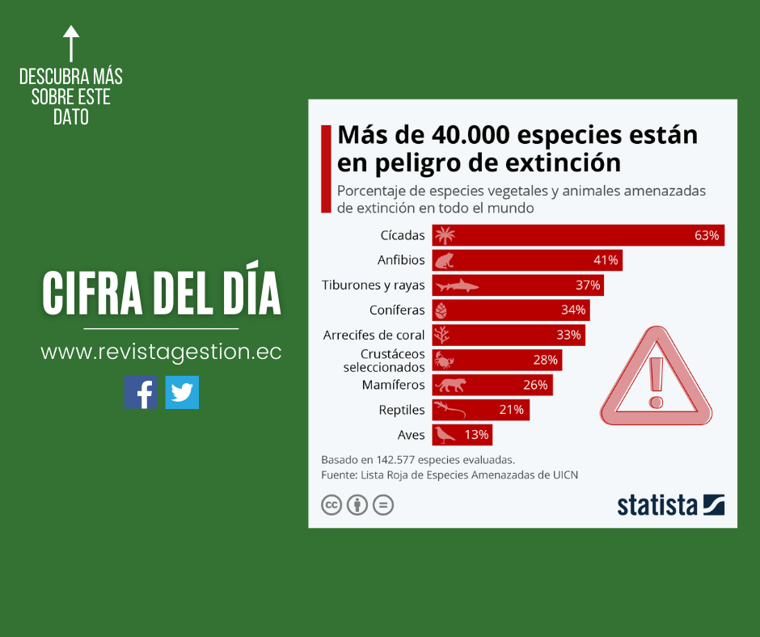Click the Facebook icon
pos(140,392)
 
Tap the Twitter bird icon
pos(182,392)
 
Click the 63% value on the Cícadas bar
pos(706,235)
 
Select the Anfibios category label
pos(401,260)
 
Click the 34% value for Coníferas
pos(572,310)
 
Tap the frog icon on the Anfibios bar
pos(445,260)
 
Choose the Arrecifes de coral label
pos(374,335)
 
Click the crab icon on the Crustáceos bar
pos(444,360)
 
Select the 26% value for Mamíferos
pos(535,385)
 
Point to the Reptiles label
pos(402,410)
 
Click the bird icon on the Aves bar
pos(444,435)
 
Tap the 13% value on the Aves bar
pos(476,435)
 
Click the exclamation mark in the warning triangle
pos(656,382)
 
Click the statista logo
pos(670,504)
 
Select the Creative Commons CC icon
pos(331,505)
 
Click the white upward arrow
pos(71,42)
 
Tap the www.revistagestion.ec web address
pos(161,352)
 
